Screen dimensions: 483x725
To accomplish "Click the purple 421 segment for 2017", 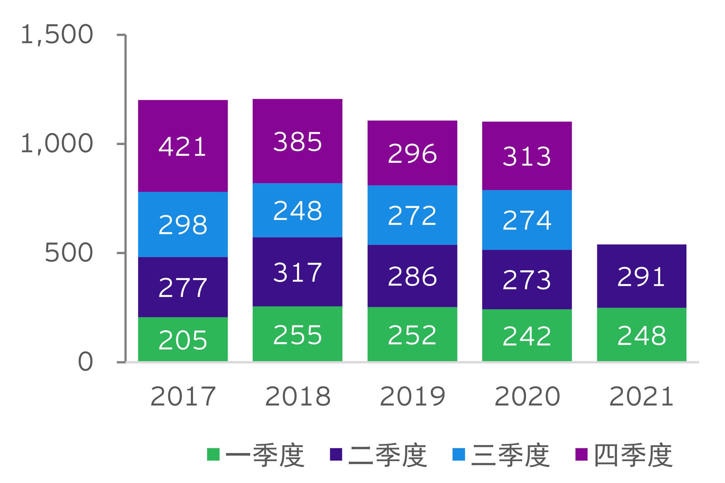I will (x=183, y=146).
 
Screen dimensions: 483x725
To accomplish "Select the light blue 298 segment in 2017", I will (x=183, y=224).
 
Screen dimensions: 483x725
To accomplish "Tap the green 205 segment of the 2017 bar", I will (x=183, y=339).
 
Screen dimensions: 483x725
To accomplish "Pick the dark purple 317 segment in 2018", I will (x=297, y=272).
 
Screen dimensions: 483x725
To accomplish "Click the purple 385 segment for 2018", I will (x=297, y=141).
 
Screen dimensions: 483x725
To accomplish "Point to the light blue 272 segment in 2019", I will (x=412, y=215).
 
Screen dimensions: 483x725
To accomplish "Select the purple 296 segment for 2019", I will (x=412, y=153).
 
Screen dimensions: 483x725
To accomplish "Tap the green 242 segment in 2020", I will (x=527, y=335).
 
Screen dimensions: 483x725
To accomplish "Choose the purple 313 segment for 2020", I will (x=527, y=156).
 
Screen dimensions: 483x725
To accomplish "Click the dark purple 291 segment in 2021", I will (x=641, y=276).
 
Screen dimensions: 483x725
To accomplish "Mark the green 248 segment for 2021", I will (x=641, y=335).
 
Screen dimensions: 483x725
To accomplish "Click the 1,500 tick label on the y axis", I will (x=57, y=35).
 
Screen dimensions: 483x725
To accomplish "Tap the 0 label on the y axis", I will (x=85, y=362).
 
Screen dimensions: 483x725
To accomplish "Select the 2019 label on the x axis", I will (x=412, y=397).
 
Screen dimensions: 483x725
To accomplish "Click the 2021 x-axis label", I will (x=641, y=397).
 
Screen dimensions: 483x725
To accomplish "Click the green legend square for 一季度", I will (x=213, y=454).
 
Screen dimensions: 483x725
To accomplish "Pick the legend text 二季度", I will (x=388, y=455).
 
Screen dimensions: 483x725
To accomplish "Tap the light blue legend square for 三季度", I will (x=459, y=454).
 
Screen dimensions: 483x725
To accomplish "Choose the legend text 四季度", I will (x=633, y=455).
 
